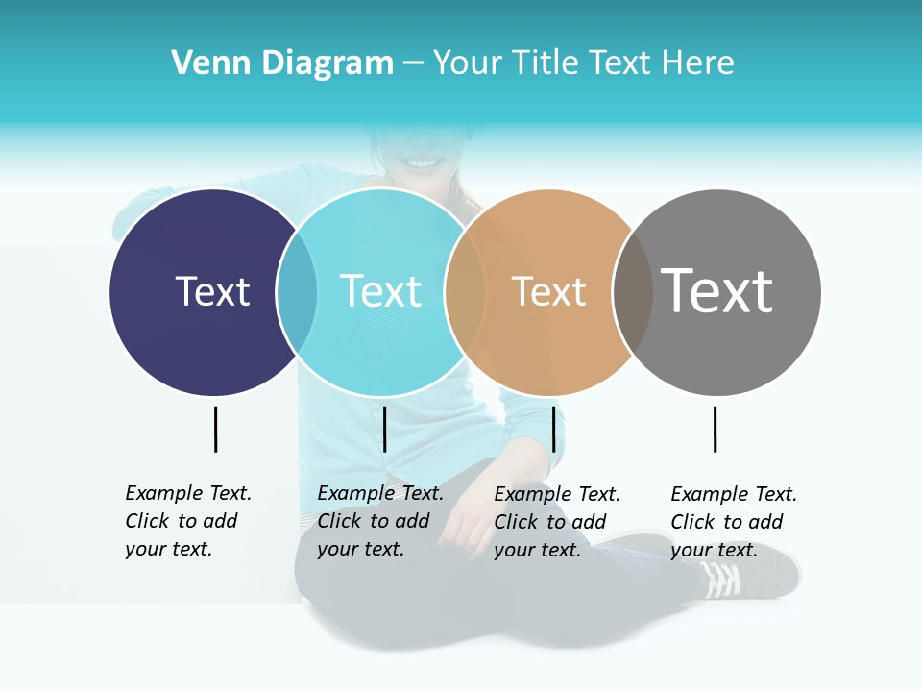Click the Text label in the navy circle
pos(212,291)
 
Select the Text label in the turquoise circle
pos(380,291)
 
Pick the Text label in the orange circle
pos(548,292)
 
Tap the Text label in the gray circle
pos(716,290)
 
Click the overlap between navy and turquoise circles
pos(297,292)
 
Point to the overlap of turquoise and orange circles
pos(465,292)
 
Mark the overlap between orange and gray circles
pos(632,292)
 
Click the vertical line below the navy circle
pos(215,429)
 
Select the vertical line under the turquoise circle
pos(384,429)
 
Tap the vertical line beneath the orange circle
pos(553,429)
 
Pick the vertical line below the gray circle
pos(715,429)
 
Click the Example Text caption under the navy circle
pos(187,521)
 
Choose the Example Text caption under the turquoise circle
pos(379,521)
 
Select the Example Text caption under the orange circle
pos(556,522)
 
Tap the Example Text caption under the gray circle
pos(733,522)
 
